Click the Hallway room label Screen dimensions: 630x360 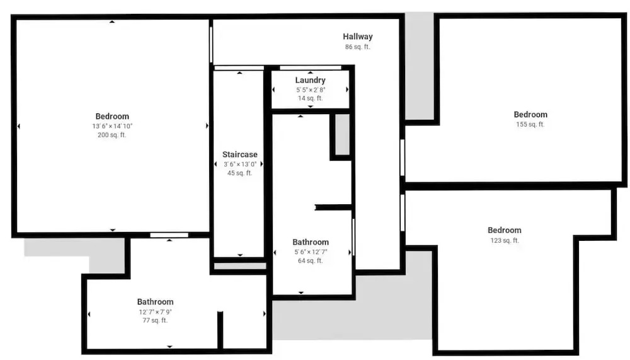(358, 37)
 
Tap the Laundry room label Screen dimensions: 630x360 (310, 80)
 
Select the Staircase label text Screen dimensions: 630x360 (240, 154)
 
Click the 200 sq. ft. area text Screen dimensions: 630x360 (112, 135)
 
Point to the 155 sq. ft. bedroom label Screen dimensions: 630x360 (530, 115)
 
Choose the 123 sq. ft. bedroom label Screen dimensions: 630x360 (504, 230)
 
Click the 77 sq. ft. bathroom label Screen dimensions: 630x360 (155, 301)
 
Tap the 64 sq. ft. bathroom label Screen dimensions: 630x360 (311, 242)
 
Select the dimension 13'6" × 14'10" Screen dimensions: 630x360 (112, 126)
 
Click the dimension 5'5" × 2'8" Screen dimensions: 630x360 (311, 90)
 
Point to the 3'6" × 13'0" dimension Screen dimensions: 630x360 (240, 164)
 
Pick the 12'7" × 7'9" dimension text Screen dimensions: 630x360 (155, 312)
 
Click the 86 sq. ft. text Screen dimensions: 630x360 (358, 47)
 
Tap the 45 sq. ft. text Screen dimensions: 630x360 (240, 173)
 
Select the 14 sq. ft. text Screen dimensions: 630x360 (310, 98)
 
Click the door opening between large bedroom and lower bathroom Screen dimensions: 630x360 (169, 235)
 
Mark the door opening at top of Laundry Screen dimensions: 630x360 (310, 67)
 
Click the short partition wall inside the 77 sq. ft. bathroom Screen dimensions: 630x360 (220, 330)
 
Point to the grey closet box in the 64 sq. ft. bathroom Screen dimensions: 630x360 (342, 134)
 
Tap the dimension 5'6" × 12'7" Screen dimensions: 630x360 (311, 252)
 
